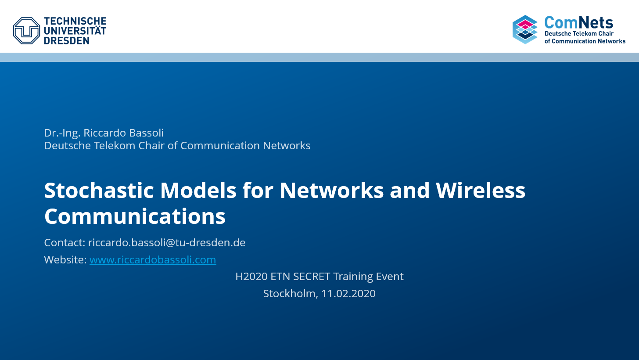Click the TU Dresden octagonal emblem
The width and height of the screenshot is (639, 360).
(x=26, y=31)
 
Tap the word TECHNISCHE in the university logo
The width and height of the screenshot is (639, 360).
(x=75, y=21)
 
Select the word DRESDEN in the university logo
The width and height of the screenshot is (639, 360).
(x=67, y=40)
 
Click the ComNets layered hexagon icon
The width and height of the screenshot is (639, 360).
(x=525, y=29)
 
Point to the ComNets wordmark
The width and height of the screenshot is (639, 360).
(x=579, y=22)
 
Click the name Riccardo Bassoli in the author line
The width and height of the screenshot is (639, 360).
(x=123, y=133)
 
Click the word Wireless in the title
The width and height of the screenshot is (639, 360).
(x=481, y=190)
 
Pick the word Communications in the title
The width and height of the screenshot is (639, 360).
(x=135, y=216)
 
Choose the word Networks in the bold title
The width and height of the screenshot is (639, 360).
(x=331, y=190)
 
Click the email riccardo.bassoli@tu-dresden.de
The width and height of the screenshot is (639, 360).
(x=167, y=242)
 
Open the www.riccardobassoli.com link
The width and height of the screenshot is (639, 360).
(x=153, y=259)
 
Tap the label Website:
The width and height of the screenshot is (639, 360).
(x=65, y=259)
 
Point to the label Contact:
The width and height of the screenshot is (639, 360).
(x=65, y=242)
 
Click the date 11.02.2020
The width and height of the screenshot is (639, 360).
(x=348, y=294)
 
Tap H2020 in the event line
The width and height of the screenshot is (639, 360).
(x=251, y=277)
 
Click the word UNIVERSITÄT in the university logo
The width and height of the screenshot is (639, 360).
(x=75, y=31)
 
